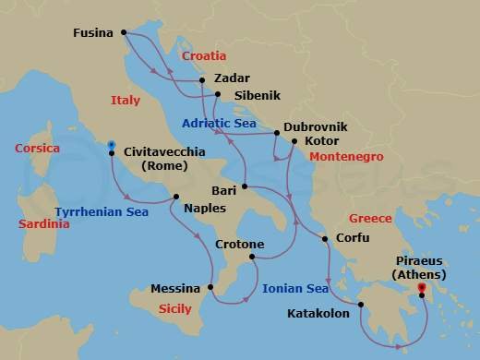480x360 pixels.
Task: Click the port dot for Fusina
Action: point(123,33)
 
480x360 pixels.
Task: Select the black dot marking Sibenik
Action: point(217,94)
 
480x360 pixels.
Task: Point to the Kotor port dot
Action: point(294,142)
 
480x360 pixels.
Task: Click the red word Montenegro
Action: point(346,157)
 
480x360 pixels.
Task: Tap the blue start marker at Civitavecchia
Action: point(111,145)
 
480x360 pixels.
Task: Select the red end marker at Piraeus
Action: point(422,288)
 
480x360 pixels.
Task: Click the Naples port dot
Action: point(176,196)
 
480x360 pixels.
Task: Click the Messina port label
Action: point(177,288)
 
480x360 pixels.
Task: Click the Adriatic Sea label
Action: point(219,123)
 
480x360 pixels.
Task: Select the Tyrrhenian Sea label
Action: point(102,211)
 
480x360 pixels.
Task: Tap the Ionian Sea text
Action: point(295,288)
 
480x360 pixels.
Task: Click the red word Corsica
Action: point(38,148)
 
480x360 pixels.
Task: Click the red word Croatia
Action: point(204,56)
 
